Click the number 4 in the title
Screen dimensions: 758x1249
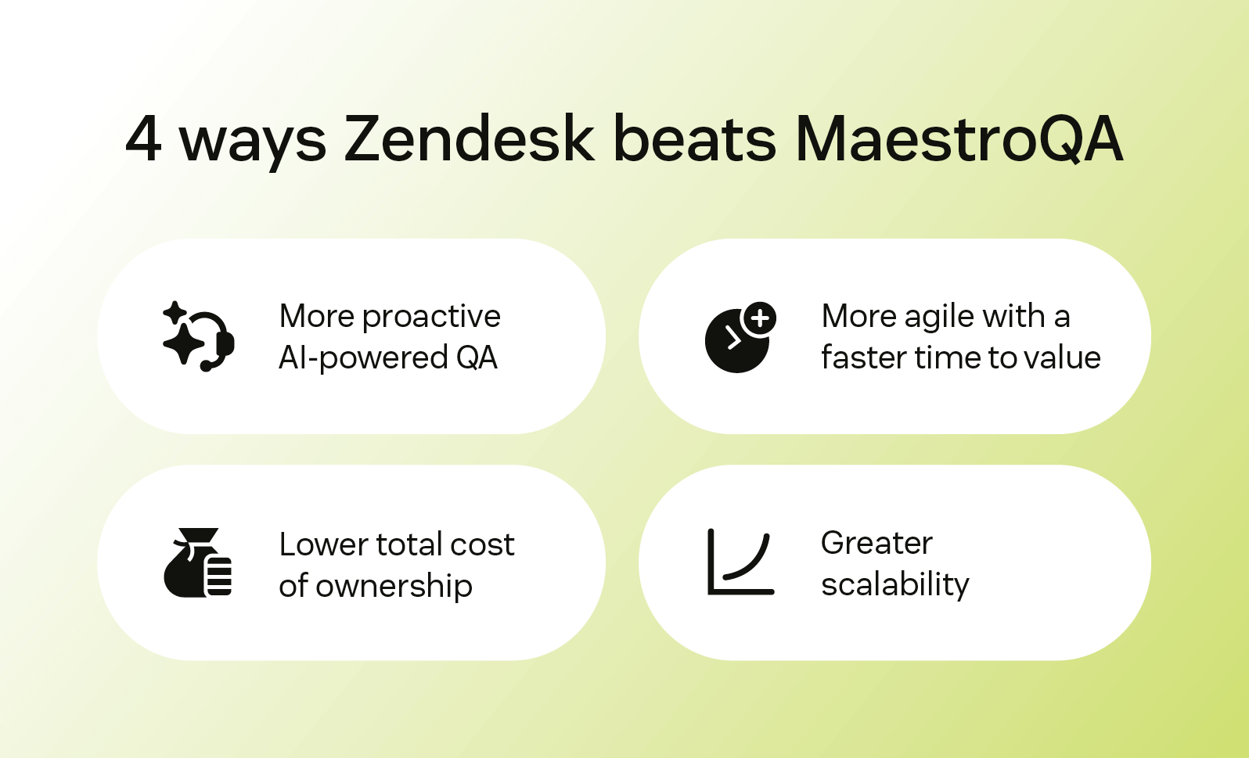click(144, 139)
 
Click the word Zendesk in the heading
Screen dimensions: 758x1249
click(469, 139)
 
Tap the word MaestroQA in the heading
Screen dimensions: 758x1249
click(959, 139)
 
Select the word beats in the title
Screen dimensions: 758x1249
click(694, 139)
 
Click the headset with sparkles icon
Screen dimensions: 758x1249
click(198, 336)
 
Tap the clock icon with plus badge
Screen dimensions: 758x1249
click(739, 338)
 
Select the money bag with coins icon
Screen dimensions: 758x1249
click(198, 563)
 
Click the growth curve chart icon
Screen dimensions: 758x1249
click(740, 562)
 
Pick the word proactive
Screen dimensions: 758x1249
click(431, 317)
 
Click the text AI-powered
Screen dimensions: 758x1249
click(363, 358)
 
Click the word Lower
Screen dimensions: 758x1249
click(323, 544)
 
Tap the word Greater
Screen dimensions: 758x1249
click(876, 543)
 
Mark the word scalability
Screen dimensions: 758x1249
click(895, 584)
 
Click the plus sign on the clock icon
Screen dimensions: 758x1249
click(760, 318)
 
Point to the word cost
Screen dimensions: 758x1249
click(482, 544)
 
